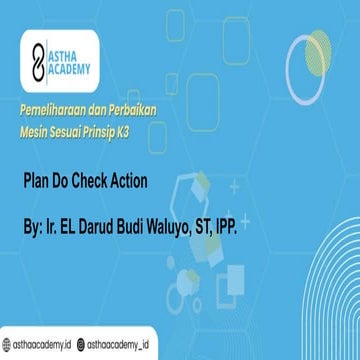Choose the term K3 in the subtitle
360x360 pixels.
[156, 128]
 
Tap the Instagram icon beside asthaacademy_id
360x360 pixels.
[86, 344]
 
